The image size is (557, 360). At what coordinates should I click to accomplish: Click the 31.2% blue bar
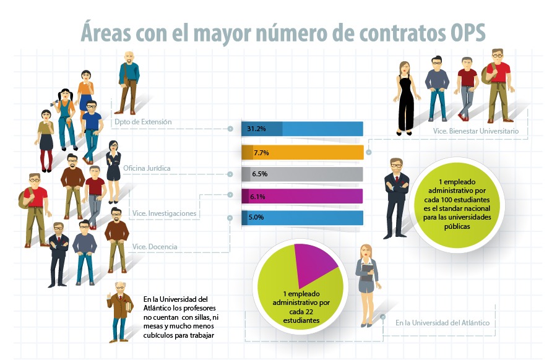click(302, 129)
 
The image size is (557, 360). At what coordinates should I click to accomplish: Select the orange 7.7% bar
click(302, 152)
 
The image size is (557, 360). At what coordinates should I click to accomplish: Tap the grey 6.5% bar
click(302, 174)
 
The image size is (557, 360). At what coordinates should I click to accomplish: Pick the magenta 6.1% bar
click(302, 197)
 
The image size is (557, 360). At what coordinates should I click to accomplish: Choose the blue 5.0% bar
click(302, 218)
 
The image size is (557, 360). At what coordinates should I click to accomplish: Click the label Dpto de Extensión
click(143, 122)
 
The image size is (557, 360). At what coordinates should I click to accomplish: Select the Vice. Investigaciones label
click(164, 213)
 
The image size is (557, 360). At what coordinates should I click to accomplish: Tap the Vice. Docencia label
click(155, 247)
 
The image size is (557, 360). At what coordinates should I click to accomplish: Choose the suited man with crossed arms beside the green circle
click(395, 197)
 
